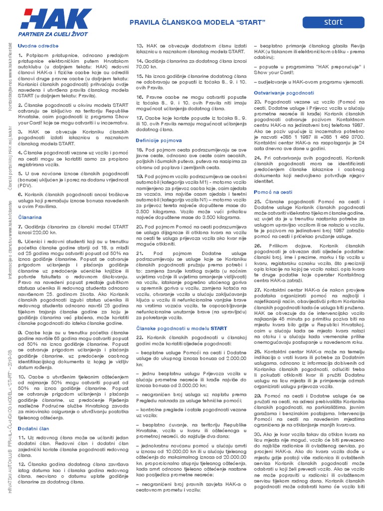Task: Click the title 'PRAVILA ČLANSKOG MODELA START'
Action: coord(196,23)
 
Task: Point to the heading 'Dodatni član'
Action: coord(31,428)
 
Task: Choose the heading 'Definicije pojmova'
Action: coord(159,141)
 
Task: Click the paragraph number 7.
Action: coord(20,227)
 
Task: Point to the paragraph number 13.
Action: coord(140,45)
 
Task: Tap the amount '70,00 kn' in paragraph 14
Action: coord(147,66)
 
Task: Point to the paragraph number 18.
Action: coord(140,150)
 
